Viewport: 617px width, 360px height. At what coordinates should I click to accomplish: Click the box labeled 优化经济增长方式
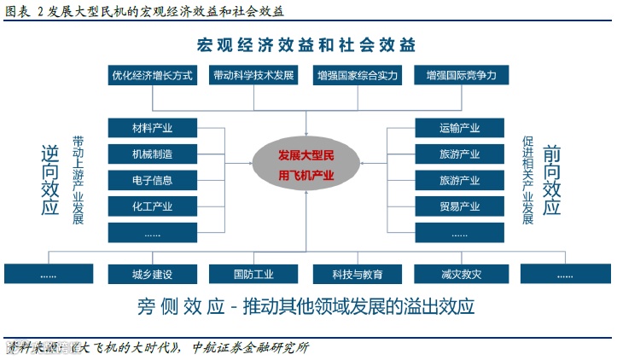pyautogui.click(x=154, y=75)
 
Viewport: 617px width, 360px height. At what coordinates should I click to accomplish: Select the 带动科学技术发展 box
pyautogui.click(x=253, y=75)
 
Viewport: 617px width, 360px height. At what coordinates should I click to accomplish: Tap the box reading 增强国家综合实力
pyautogui.click(x=358, y=75)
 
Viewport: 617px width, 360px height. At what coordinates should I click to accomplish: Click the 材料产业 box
pyautogui.click(x=153, y=128)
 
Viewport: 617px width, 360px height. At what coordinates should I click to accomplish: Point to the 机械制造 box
pyautogui.click(x=153, y=154)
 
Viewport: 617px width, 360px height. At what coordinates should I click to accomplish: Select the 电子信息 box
pyautogui.click(x=153, y=180)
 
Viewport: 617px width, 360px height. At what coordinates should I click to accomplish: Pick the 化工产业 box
pyautogui.click(x=153, y=206)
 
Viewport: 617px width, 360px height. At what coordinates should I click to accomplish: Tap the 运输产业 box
pyautogui.click(x=460, y=128)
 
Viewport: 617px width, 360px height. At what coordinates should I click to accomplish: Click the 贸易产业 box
pyautogui.click(x=460, y=206)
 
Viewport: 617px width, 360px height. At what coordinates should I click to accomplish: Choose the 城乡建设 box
pyautogui.click(x=153, y=274)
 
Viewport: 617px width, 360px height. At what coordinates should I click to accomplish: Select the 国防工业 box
pyautogui.click(x=253, y=274)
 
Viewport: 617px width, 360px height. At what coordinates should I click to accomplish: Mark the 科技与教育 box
pyautogui.click(x=358, y=274)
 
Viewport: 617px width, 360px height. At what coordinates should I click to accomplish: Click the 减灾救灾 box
pyautogui.click(x=460, y=274)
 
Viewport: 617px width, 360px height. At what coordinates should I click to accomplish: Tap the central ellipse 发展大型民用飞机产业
pyautogui.click(x=306, y=165)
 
